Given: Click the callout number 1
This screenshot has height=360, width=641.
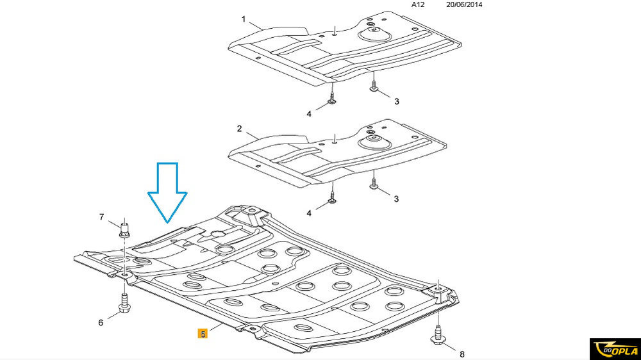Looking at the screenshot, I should point(244,19).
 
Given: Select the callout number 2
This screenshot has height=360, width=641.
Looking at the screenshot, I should point(239,129).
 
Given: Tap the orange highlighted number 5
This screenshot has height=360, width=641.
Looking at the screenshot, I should point(203,334).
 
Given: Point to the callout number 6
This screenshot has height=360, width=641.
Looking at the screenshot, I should point(101,322).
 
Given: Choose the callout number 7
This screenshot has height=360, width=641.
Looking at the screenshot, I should point(101,217).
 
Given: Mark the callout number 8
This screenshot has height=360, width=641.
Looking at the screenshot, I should point(462,352).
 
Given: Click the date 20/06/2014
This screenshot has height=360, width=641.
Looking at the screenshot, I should point(463,4).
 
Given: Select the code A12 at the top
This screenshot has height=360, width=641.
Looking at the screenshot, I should point(418,4).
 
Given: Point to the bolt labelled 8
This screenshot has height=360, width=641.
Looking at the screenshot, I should point(438,334).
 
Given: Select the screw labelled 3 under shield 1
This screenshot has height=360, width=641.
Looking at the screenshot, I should point(374,88).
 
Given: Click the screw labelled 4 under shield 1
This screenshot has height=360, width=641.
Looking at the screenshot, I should point(332,99).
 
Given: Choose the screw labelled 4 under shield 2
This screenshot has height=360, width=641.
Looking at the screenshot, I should point(333,198).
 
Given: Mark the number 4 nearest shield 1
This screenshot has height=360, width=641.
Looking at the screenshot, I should point(309,114).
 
